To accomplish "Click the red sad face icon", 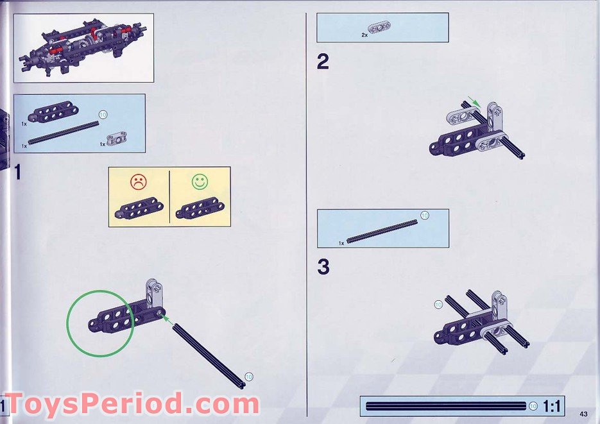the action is [x=139, y=182].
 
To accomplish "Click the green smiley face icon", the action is [x=200, y=182].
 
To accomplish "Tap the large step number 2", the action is [x=323, y=62].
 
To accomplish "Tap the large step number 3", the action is [x=323, y=266].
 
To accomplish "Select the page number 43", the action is [x=583, y=414].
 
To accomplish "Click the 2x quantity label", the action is [x=364, y=35].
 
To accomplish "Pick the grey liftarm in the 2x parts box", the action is [x=379, y=28].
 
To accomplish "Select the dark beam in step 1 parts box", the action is [x=53, y=112].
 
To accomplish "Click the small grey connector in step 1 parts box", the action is [x=116, y=139].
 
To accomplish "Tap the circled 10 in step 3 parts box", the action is [x=424, y=216].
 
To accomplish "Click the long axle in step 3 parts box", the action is [x=382, y=231].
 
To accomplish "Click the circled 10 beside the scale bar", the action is [x=533, y=406].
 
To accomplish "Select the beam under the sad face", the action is [x=139, y=208].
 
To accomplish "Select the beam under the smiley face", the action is [x=200, y=208].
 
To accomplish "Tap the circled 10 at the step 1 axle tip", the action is [x=249, y=377].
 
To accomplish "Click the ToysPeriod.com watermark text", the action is [x=132, y=403].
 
